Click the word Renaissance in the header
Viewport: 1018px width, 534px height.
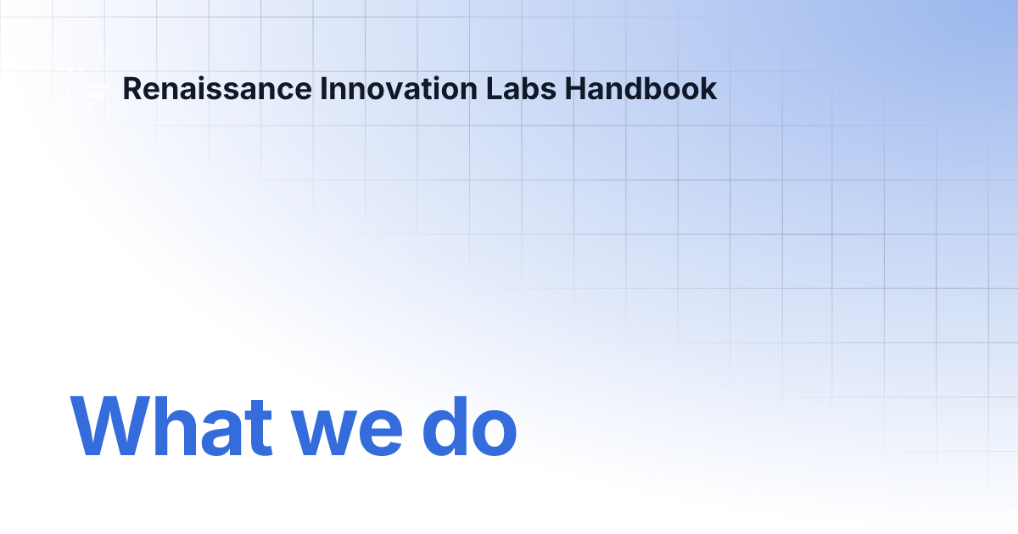coord(217,88)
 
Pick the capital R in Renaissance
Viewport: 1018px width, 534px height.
coord(131,88)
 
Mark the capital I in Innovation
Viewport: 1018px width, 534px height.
coord(324,88)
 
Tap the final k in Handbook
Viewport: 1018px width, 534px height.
coord(709,88)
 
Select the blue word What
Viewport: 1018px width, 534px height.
coord(171,426)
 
